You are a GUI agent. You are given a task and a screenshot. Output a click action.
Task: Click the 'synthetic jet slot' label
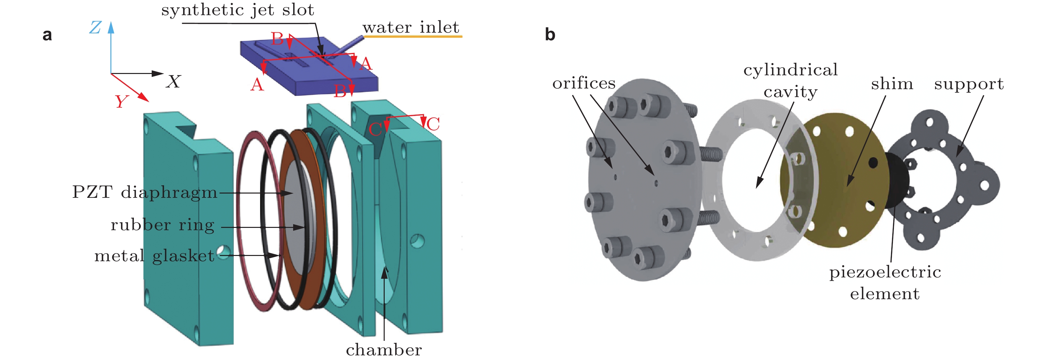238,10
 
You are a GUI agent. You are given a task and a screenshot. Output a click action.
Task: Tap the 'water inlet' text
410,27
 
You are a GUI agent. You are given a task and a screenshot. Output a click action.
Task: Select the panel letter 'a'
47,35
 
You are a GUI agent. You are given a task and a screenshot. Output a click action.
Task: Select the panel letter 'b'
550,35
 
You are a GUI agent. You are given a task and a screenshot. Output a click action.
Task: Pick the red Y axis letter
121,101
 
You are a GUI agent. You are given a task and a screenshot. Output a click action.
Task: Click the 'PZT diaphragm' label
144,192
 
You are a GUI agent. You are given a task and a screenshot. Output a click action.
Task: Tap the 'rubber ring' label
163,225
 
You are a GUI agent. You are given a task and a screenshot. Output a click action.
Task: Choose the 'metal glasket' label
154,256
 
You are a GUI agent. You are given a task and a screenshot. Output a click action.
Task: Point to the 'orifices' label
584,83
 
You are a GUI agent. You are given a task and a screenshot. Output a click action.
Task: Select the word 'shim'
892,84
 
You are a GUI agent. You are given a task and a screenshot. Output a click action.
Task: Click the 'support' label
969,84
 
